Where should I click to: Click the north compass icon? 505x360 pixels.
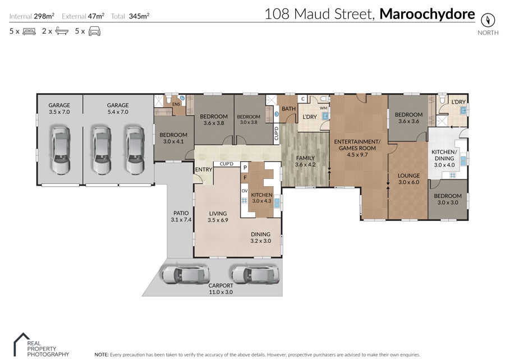click(x=488, y=20)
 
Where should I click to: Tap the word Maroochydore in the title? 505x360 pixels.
click(x=427, y=14)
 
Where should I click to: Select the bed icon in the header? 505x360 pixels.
click(x=29, y=31)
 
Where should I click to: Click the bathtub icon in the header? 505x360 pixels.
click(x=62, y=31)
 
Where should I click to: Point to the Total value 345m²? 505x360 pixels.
click(x=139, y=16)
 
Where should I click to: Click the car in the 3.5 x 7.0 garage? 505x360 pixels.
click(x=61, y=151)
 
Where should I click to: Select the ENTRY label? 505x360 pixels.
click(x=204, y=169)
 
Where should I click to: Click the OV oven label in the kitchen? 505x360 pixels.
click(x=245, y=191)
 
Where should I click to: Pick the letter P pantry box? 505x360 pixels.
click(x=245, y=167)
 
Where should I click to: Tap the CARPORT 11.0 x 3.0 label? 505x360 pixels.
click(x=221, y=289)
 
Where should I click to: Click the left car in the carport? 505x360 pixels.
click(x=185, y=274)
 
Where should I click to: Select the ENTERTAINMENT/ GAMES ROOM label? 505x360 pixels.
click(x=357, y=148)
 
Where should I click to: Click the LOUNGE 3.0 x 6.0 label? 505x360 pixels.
click(x=408, y=178)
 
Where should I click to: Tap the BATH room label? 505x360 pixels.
click(x=288, y=109)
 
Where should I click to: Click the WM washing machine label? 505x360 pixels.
click(x=323, y=108)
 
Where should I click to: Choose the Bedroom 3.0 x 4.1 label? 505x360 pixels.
click(x=173, y=138)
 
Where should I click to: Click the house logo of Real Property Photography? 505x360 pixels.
click(x=21, y=344)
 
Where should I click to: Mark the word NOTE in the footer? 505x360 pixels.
click(x=101, y=354)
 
